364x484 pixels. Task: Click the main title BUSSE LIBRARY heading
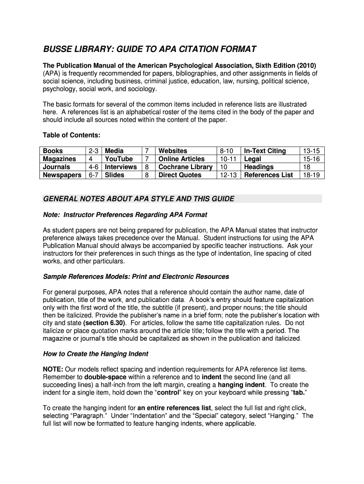pos(150,49)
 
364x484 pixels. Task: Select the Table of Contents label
pos(71,135)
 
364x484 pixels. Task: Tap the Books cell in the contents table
pos(52,151)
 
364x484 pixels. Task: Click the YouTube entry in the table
pos(119,159)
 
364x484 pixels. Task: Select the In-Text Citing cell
pos(265,151)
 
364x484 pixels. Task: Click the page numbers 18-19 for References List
pos(312,175)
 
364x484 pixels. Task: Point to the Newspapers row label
pos(62,175)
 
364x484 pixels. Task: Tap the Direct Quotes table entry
pos(180,175)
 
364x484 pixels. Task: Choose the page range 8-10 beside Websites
pos(227,151)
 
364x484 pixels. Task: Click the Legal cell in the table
pos(252,159)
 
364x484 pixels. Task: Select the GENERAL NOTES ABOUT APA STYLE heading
pos(139,199)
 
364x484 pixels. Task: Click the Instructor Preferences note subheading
pos(125,215)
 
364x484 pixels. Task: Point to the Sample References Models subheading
pos(136,277)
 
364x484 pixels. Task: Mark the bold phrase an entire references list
pos(174,408)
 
